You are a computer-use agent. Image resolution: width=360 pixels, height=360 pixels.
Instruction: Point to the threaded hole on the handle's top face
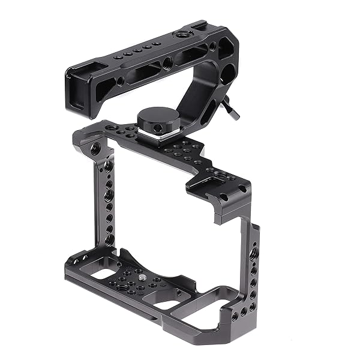[179, 37]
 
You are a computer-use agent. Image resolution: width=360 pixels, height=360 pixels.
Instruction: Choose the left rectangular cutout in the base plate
[108, 274]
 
